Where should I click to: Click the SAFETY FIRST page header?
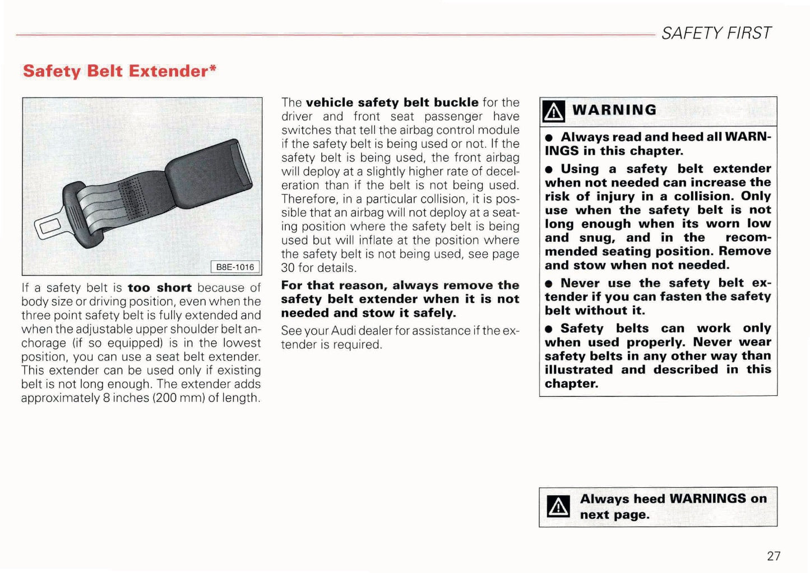[716, 33]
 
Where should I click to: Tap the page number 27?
[774, 556]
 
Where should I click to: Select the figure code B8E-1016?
[235, 267]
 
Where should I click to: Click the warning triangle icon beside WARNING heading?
[554, 111]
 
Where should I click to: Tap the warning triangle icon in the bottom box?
[558, 507]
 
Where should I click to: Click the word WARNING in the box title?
[614, 110]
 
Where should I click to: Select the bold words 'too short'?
[159, 288]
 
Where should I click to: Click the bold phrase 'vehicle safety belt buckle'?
[392, 103]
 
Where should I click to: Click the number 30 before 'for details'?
[288, 268]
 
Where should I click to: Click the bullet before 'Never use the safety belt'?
[549, 284]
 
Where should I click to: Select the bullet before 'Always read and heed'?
[549, 138]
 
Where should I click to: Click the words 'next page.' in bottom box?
[614, 515]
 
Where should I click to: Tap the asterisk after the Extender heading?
[213, 68]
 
